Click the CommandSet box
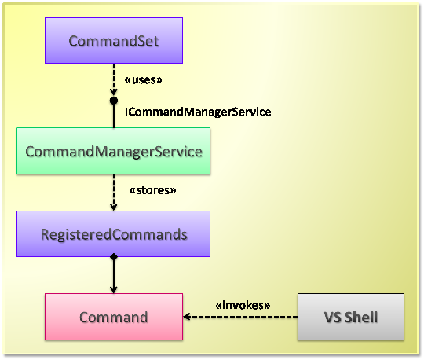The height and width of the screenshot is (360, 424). (114, 41)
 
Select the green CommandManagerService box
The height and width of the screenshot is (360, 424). (114, 151)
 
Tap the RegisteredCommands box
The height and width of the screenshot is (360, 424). (114, 234)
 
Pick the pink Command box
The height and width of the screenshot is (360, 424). (114, 317)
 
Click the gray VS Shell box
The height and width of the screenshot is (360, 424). (351, 317)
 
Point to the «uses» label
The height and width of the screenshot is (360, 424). (144, 80)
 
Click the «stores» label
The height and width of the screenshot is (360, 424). (153, 190)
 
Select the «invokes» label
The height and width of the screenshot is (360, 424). (243, 305)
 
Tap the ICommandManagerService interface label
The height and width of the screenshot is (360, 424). (198, 112)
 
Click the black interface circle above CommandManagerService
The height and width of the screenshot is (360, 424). (114, 101)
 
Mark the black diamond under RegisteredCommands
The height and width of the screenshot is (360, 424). (114, 257)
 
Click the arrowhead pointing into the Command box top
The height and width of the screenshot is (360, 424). (114, 289)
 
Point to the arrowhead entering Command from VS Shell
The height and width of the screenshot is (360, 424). (187, 317)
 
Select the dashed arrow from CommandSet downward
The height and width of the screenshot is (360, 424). (114, 79)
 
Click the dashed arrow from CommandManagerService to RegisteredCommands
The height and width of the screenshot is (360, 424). (114, 193)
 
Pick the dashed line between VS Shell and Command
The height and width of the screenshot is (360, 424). (241, 317)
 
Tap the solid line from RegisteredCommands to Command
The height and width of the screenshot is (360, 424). (114, 275)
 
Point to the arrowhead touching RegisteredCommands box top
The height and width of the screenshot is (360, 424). (114, 207)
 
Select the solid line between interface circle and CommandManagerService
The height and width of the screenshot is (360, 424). (114, 116)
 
